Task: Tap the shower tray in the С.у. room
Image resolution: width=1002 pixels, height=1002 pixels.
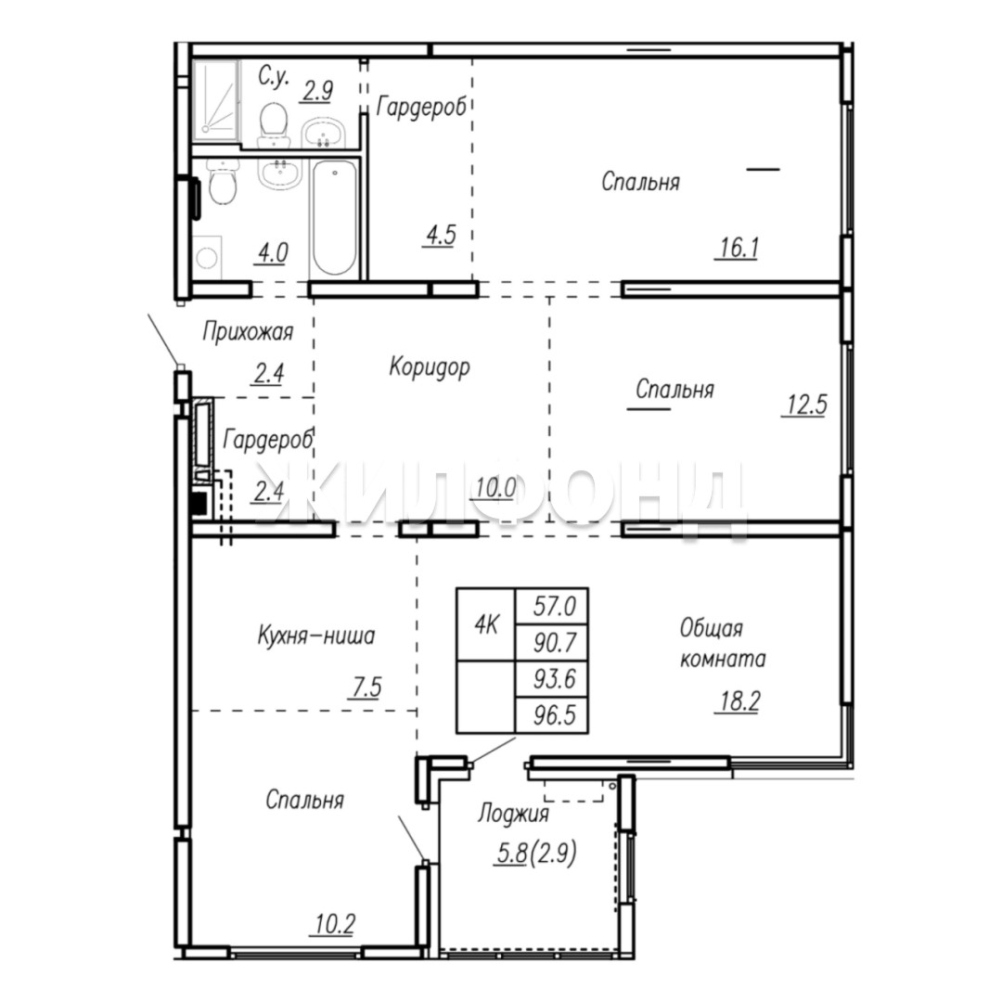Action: click(x=216, y=100)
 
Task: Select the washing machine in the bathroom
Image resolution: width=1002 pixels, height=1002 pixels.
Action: click(x=206, y=258)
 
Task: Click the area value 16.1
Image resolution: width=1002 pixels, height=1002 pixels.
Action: click(x=739, y=248)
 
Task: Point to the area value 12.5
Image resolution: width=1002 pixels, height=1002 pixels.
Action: click(x=806, y=405)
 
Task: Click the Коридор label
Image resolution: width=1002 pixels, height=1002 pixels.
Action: click(x=430, y=367)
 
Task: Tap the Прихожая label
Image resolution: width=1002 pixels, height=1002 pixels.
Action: click(x=248, y=332)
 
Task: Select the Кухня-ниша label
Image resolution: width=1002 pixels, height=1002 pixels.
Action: click(x=316, y=636)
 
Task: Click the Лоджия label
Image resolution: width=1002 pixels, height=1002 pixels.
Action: click(x=513, y=814)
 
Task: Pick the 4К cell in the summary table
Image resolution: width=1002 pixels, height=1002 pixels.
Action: click(x=485, y=624)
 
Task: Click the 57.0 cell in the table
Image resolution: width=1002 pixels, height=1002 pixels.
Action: click(x=552, y=606)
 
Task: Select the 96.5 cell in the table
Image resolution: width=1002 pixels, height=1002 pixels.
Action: click(x=552, y=715)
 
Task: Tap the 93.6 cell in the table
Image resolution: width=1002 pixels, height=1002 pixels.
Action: click(x=552, y=678)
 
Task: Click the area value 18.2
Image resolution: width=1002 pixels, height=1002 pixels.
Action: click(x=739, y=701)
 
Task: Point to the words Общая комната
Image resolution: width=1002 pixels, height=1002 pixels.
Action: click(x=722, y=644)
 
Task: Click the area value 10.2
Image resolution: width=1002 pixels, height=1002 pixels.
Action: click(x=335, y=924)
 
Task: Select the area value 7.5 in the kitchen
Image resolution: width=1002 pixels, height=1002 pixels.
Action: click(x=366, y=687)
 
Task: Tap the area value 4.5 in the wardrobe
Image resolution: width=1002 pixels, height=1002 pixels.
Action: click(x=441, y=236)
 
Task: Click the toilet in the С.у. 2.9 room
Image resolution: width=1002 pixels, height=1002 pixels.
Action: click(x=273, y=124)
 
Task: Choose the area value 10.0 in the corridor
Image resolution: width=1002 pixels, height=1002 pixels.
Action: click(x=495, y=489)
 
